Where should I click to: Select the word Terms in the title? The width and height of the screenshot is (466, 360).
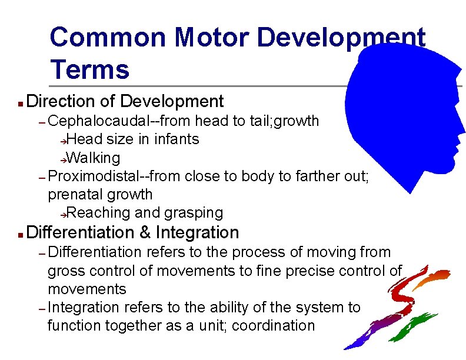pos(89,69)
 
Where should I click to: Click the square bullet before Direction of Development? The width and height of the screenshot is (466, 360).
pos(19,104)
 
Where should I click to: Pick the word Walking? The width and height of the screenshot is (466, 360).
pos(94,158)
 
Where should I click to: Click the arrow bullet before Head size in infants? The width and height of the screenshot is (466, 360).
pos(65,141)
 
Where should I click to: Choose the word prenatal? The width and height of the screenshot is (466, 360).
pos(74,194)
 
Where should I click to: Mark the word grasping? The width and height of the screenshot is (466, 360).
pos(196,212)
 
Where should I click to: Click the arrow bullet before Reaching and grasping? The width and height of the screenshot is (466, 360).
pos(65,214)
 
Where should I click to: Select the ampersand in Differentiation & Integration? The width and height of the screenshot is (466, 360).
pos(145,232)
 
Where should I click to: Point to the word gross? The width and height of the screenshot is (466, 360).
pos(65,271)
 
